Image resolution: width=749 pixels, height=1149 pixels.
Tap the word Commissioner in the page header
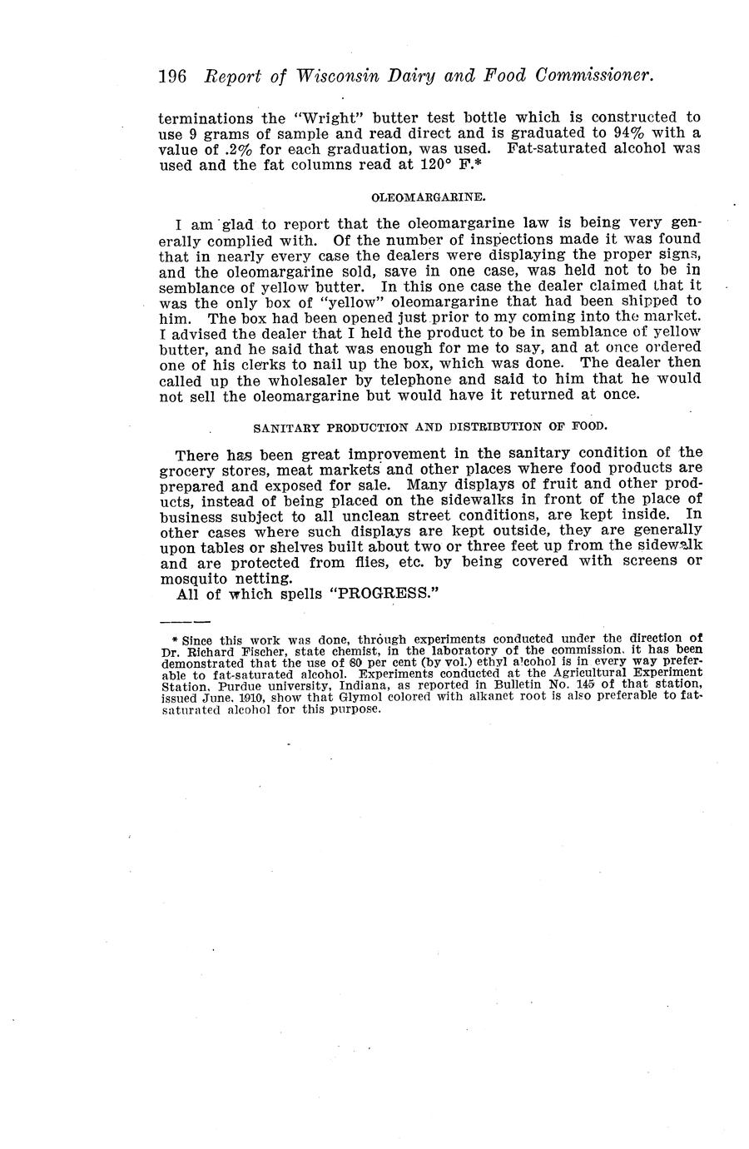click(595, 76)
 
